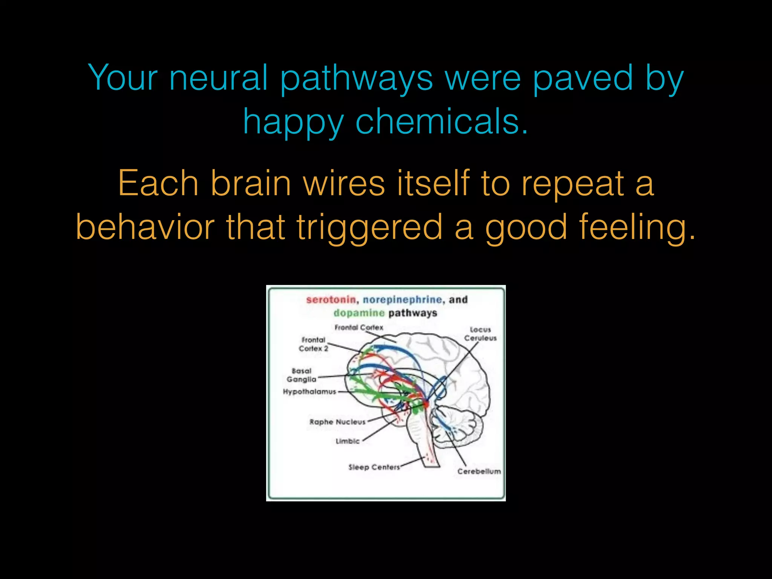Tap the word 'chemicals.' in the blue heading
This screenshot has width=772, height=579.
point(442,121)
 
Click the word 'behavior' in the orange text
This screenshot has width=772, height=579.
point(145,227)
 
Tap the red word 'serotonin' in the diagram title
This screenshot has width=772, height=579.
point(331,300)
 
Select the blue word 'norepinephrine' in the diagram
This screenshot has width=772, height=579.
point(402,300)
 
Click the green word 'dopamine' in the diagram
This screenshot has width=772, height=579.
point(359,313)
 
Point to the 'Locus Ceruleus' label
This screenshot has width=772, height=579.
point(480,334)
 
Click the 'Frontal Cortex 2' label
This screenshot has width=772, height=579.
point(313,344)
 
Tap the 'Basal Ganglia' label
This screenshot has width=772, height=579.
point(301,375)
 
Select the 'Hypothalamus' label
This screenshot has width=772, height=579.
point(309,392)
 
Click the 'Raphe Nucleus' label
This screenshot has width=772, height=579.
point(337,422)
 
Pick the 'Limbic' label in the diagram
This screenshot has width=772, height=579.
point(348,441)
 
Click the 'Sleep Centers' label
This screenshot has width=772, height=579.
point(374,467)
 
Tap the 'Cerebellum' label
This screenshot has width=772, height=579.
point(479,471)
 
